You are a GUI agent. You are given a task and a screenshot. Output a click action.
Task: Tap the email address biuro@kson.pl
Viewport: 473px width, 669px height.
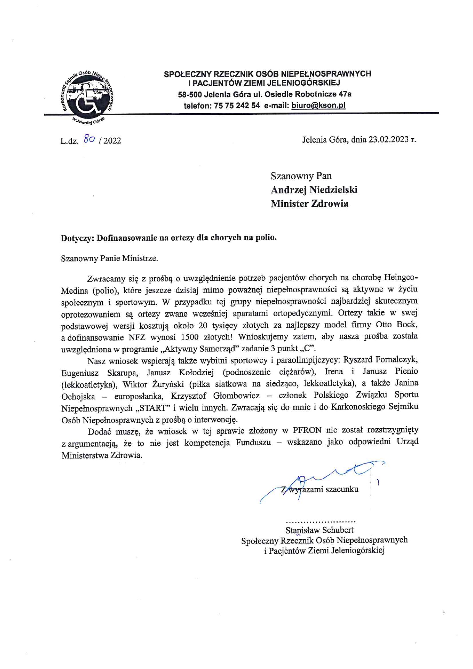coord(318,106)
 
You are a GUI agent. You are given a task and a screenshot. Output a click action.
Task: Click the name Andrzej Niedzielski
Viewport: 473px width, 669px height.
coord(314,190)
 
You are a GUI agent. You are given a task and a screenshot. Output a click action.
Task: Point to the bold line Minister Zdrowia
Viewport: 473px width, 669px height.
coord(309,204)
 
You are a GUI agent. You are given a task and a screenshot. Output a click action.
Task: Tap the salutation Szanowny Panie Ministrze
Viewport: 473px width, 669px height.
coord(109,258)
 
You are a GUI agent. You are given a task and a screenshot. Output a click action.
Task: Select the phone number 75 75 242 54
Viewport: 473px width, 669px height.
coord(237,106)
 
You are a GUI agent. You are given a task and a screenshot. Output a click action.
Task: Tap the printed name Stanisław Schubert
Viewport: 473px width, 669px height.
coord(319,530)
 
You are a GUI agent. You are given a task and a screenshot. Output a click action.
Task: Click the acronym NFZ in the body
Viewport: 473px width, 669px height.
coord(137,337)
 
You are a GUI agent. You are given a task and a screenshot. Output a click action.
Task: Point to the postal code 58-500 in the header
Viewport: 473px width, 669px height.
coord(190,94)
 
